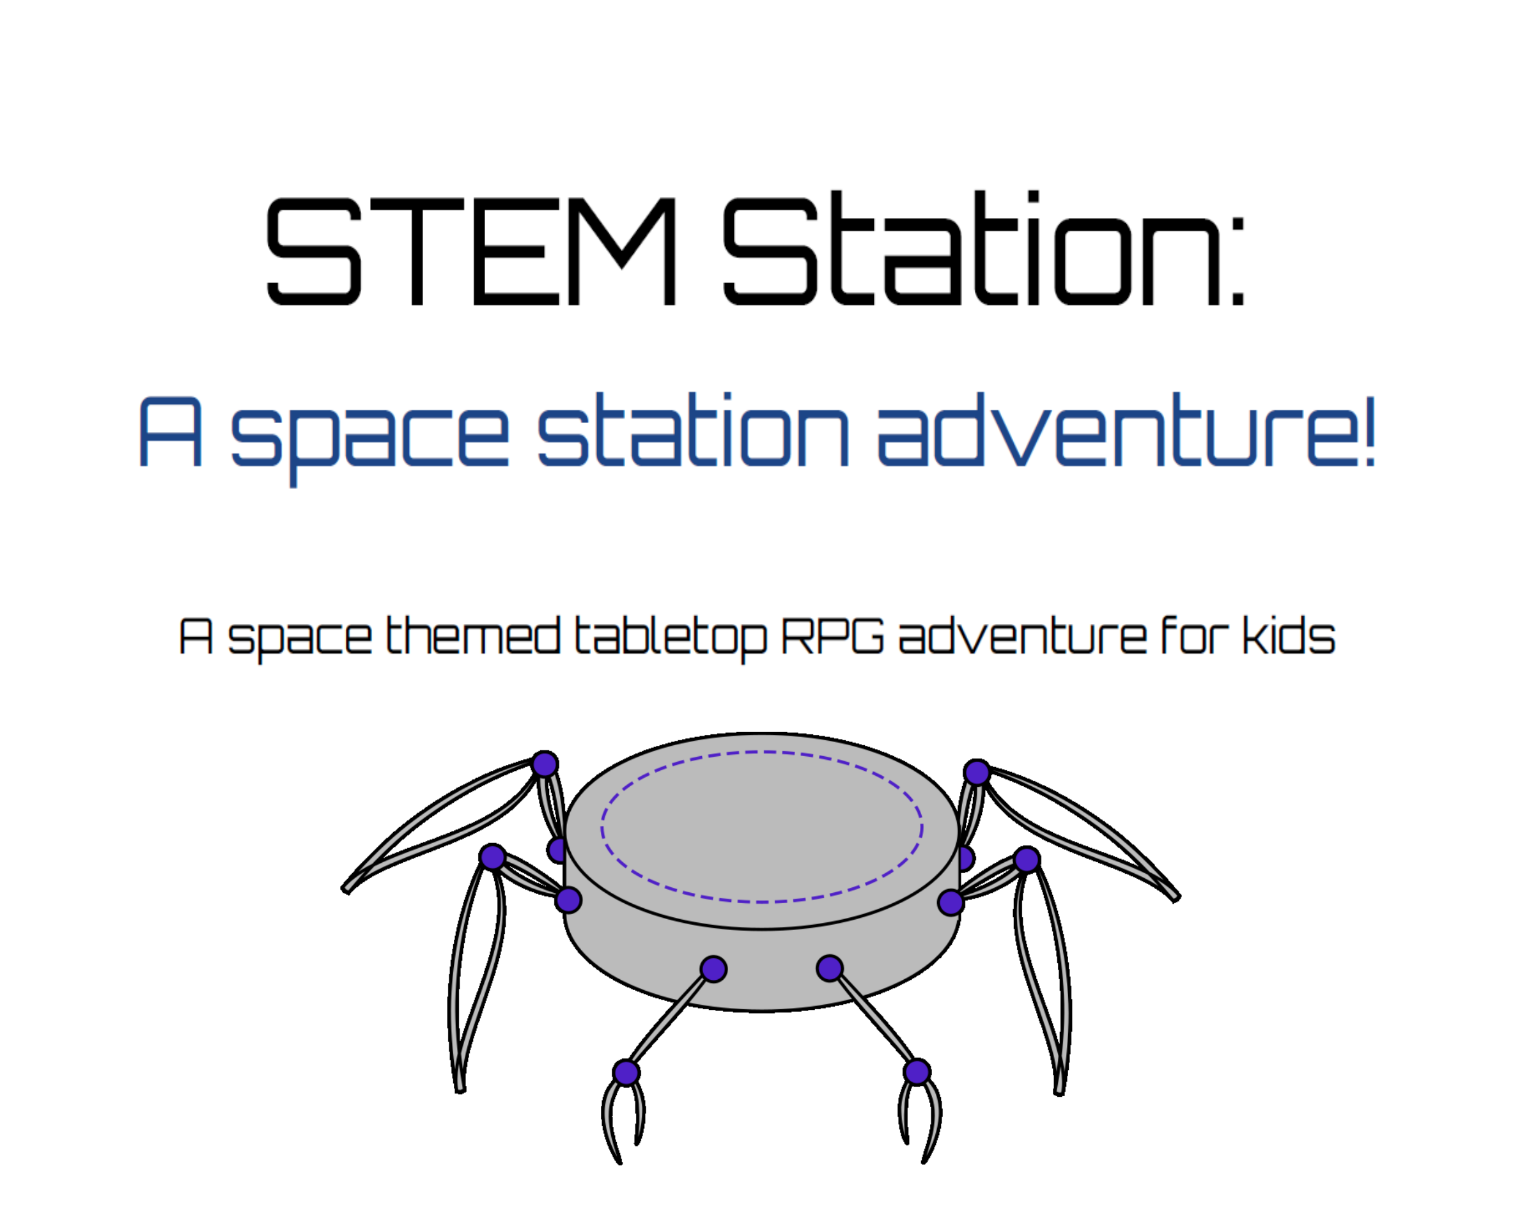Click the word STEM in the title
pyautogui.click(x=471, y=251)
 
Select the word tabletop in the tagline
pyautogui.click(x=670, y=637)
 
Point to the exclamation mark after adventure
pyautogui.click(x=1369, y=430)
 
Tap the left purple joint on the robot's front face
pyautogui.click(x=714, y=969)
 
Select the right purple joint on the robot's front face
pyautogui.click(x=830, y=968)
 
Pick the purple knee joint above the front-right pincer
pyautogui.click(x=916, y=1072)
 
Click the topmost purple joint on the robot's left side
pyautogui.click(x=545, y=764)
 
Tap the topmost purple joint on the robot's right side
pyautogui.click(x=976, y=771)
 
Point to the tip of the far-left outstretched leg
pyautogui.click(x=346, y=889)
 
